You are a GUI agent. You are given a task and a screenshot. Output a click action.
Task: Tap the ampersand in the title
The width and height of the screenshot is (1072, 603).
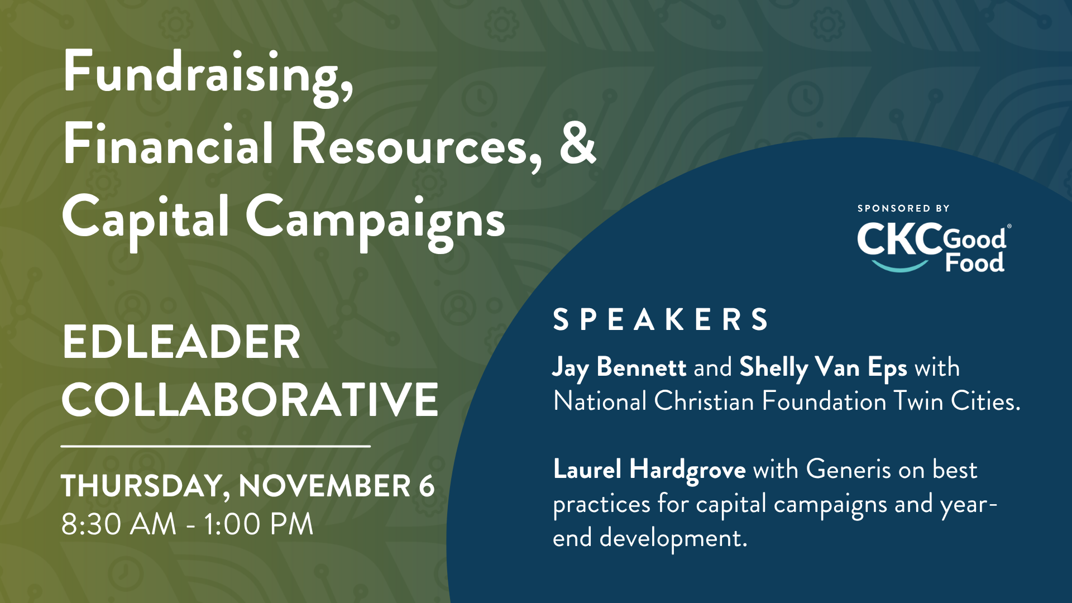tap(578, 144)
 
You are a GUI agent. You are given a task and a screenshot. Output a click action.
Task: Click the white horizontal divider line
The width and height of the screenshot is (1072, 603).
tap(216, 446)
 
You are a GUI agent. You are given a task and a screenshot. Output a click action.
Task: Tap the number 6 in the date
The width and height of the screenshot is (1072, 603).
tap(427, 485)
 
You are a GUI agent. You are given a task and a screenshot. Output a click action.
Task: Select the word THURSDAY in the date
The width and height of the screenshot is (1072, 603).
tap(142, 486)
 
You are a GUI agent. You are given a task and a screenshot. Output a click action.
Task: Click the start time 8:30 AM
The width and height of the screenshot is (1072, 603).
tap(118, 524)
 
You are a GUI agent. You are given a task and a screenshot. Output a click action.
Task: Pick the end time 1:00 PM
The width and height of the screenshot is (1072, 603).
tap(258, 524)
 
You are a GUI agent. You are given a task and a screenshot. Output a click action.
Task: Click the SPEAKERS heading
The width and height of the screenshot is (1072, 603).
tap(661, 319)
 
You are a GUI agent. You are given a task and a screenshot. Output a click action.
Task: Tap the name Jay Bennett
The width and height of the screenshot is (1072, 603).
tap(619, 368)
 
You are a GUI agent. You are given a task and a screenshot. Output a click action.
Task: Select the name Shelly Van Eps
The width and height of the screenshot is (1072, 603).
tap(823, 368)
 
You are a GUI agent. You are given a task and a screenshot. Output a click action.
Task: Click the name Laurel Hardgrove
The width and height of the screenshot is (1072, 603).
tap(649, 470)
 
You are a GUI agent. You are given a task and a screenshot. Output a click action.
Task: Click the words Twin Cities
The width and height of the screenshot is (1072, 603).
tap(957, 401)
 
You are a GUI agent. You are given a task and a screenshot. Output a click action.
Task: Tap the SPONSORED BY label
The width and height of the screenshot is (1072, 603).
tap(903, 208)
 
